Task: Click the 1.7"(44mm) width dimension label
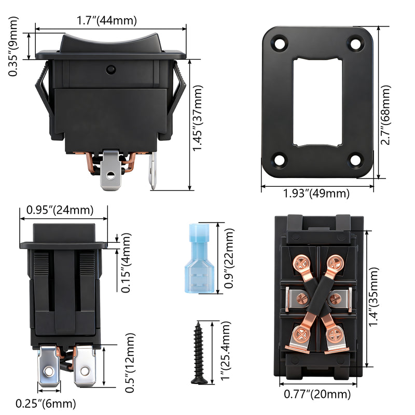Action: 107,21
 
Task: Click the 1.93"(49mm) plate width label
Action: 316,193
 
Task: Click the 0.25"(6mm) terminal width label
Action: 46,403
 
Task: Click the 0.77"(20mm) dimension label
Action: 318,395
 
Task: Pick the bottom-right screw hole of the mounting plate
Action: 355,160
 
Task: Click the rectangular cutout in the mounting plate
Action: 317,102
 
